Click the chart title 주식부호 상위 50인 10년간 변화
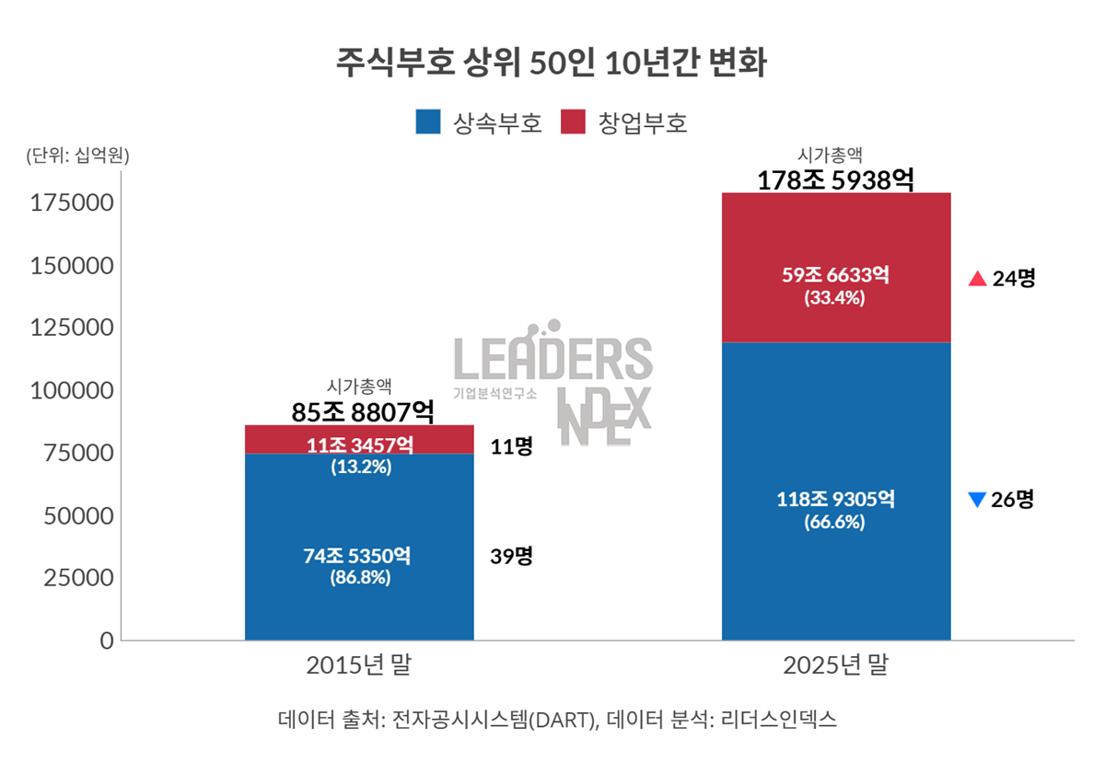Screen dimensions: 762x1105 pos(552,64)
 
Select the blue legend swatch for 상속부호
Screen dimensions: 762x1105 pos(428,122)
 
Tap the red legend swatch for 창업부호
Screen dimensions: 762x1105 pos(572,122)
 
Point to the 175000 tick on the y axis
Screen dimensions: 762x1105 pos(72,203)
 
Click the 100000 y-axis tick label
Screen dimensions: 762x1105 pos(72,390)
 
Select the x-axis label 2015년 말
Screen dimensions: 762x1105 pos(359,665)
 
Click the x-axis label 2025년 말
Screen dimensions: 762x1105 pos(836,665)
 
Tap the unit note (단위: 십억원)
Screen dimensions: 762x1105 pos(78,156)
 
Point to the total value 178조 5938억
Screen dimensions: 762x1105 pos(835,179)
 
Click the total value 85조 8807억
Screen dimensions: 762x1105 pos(359,412)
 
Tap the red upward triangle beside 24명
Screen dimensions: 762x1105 pos(978,279)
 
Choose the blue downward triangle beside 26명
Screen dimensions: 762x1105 pos(978,500)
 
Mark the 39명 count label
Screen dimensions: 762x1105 pos(512,556)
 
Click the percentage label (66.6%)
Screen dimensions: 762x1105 pos(835,522)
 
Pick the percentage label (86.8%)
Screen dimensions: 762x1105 pos(359,578)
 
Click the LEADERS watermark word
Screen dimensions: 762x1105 pos(552,359)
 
